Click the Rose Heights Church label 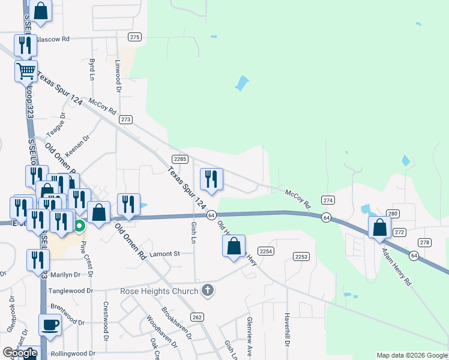159,292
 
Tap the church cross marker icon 208,291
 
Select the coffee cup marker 50,325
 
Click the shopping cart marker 26,71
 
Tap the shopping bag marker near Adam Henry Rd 380,228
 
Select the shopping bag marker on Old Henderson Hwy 234,246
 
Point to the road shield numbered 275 135,37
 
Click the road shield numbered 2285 180,159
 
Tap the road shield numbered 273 125,119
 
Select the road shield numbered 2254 267,251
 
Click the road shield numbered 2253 301,257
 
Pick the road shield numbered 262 197,317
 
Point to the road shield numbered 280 393,214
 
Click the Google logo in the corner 20,353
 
